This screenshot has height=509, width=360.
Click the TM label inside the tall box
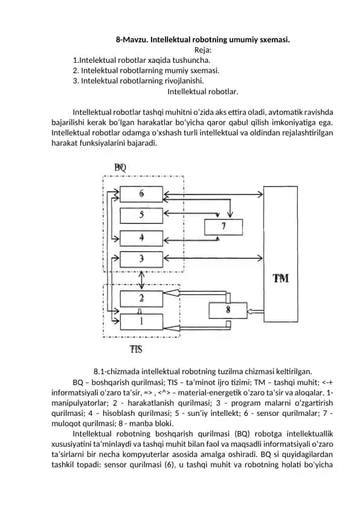click(x=280, y=278)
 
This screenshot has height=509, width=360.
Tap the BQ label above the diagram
click(x=120, y=167)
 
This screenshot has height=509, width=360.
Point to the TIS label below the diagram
click(x=137, y=349)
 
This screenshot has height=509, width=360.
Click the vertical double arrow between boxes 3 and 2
click(x=141, y=280)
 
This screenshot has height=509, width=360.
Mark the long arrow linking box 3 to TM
click(x=213, y=258)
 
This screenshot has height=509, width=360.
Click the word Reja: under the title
click(x=203, y=50)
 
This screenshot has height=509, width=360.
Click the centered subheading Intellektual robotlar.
click(x=203, y=91)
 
